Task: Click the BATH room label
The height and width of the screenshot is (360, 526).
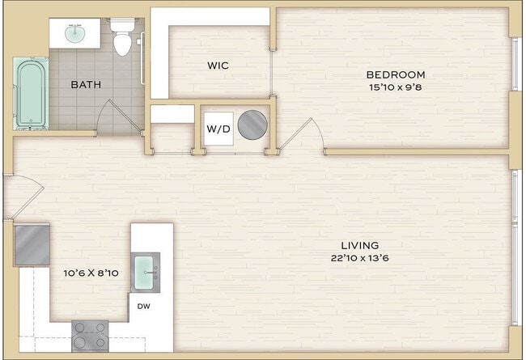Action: pos(85,84)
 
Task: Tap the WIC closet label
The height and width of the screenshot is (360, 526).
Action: pos(218,66)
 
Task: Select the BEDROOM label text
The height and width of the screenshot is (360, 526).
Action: pos(396,74)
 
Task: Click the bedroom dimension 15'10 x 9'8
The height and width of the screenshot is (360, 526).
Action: pos(396,87)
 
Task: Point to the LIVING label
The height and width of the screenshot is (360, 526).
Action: pos(359,245)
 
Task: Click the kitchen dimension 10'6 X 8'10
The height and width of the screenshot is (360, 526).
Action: pos(91,273)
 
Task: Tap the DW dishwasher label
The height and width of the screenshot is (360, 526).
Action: pos(143,306)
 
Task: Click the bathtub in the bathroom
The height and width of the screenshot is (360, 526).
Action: pos(31,93)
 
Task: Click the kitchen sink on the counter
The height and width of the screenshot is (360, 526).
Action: pos(146,270)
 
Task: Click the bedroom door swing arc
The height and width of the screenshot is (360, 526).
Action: pos(308,133)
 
